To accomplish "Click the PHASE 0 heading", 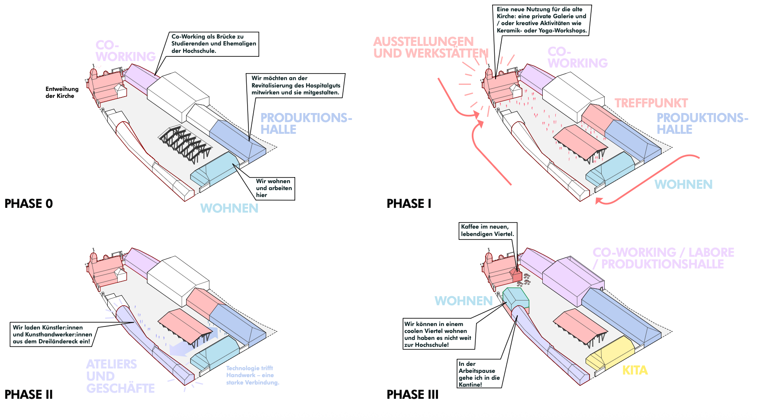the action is pyautogui.click(x=29, y=204).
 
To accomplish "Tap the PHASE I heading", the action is pyautogui.click(x=409, y=204).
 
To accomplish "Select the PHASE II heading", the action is pyautogui.click(x=29, y=394).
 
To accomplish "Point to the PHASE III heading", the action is pyautogui.click(x=412, y=394).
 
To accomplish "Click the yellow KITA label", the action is pyautogui.click(x=635, y=371).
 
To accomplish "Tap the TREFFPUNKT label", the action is pyautogui.click(x=651, y=103).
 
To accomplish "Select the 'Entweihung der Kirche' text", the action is pyautogui.click(x=62, y=92).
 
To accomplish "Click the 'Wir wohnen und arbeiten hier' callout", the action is pyautogui.click(x=274, y=188).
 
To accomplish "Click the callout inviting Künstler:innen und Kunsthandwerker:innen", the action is pyautogui.click(x=52, y=334).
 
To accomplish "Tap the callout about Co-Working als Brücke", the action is pyautogui.click(x=214, y=44).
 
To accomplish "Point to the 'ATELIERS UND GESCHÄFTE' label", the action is pyautogui.click(x=120, y=376).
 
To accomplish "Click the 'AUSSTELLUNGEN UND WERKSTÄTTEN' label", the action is pyautogui.click(x=431, y=47).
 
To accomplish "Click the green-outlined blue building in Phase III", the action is pyautogui.click(x=516, y=299).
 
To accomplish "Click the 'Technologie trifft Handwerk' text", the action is pyautogui.click(x=253, y=375).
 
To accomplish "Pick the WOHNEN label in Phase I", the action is pyautogui.click(x=683, y=184).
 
